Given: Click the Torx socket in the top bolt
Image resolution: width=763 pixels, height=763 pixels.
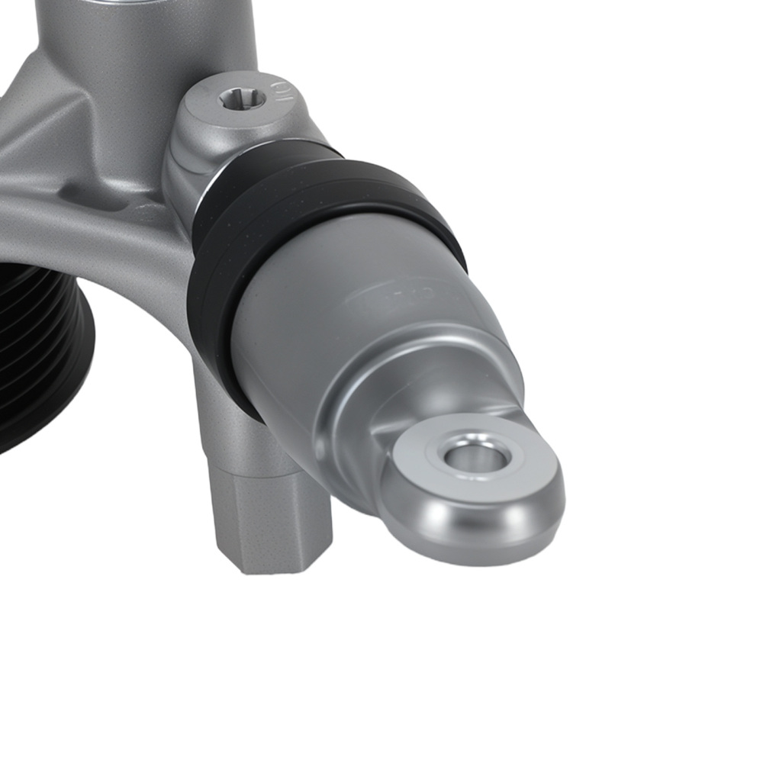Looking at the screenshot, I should tap(242, 98).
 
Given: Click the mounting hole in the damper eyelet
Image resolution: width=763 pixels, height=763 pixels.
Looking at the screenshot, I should tap(477, 458).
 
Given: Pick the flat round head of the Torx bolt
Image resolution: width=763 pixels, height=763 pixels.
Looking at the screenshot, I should tap(229, 111).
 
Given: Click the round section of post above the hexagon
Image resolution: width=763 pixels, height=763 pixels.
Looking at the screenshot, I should tap(229, 427).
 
